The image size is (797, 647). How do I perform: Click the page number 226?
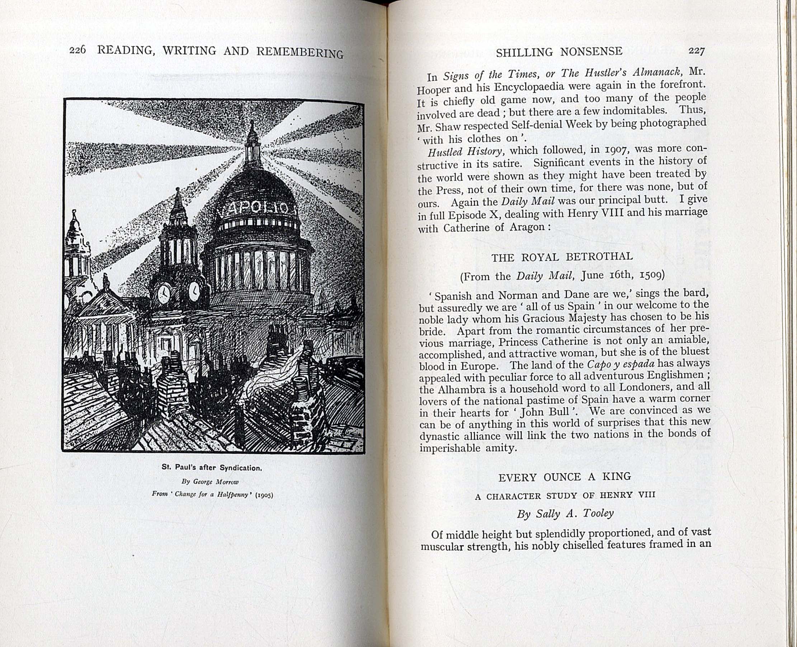77,49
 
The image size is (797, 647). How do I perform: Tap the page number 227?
696,51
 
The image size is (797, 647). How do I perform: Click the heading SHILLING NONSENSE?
559,52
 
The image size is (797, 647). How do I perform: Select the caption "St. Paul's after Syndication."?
212,467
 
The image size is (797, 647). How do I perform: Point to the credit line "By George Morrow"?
210,482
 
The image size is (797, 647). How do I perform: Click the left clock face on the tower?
164,293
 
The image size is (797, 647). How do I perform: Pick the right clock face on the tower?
194,291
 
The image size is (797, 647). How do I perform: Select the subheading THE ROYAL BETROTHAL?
562,257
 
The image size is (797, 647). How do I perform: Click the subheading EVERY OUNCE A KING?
564,477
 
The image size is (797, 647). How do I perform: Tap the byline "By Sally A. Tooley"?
565,514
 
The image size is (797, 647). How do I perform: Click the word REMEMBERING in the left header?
300,52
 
